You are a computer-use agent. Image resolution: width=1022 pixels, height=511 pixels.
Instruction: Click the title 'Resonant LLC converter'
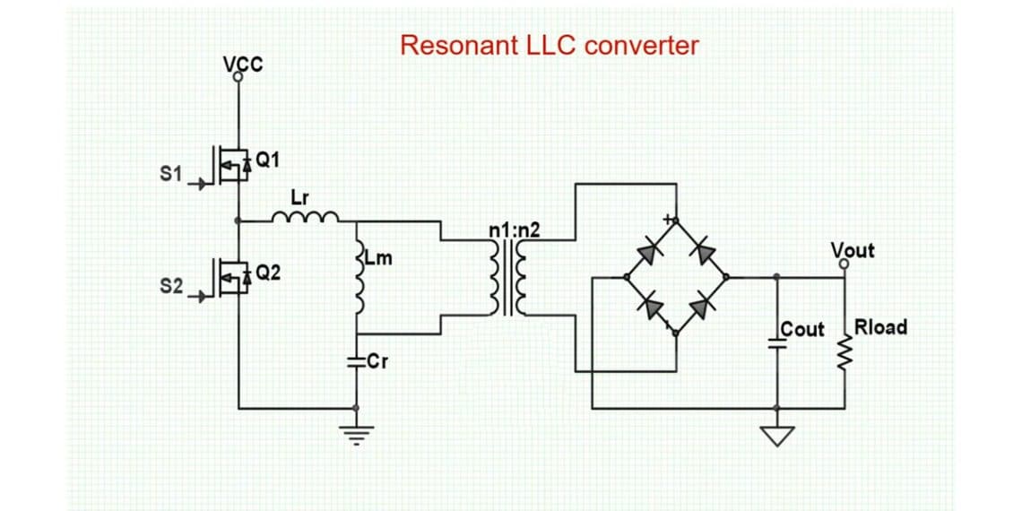click(549, 46)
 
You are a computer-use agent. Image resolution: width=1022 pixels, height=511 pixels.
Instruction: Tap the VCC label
click(243, 63)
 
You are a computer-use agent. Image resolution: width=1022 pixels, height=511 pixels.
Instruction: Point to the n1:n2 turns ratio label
click(515, 230)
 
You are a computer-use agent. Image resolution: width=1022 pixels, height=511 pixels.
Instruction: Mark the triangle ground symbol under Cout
click(777, 435)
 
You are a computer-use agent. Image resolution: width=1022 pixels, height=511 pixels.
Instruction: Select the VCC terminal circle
click(238, 78)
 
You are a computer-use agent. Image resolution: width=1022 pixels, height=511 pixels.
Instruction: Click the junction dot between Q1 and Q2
click(238, 220)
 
